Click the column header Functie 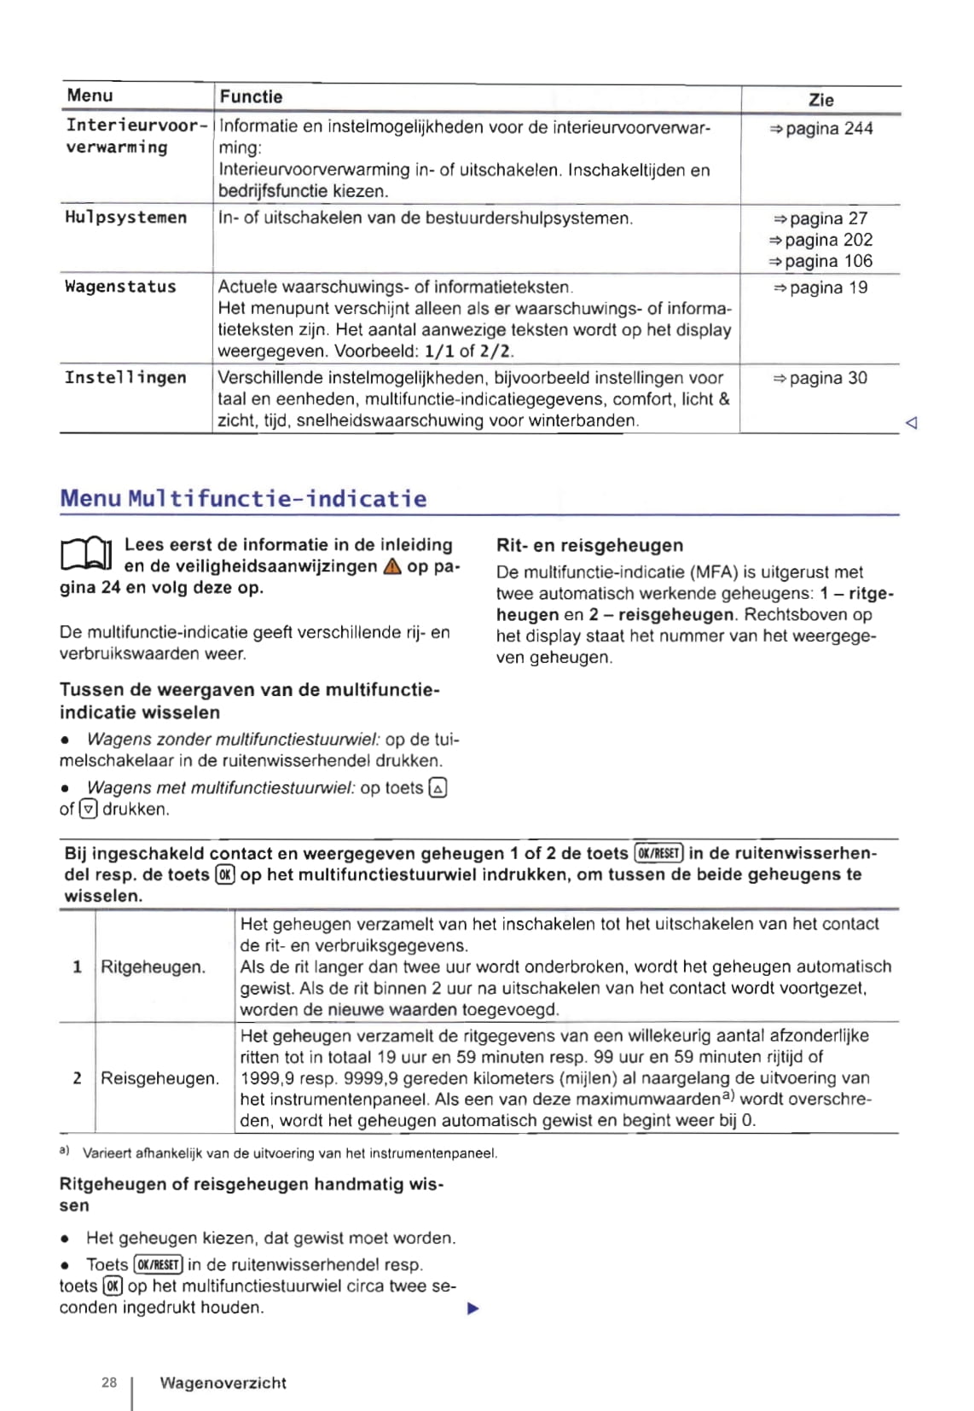click(251, 97)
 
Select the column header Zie click(820, 100)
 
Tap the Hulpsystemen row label click(126, 218)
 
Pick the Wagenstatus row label click(121, 287)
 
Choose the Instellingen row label click(125, 378)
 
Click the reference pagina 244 click(821, 129)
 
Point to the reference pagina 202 click(820, 241)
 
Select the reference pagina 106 click(820, 262)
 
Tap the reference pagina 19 click(820, 288)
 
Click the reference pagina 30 click(820, 379)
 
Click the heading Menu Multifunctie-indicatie click(243, 499)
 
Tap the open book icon click(86, 555)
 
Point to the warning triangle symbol click(391, 567)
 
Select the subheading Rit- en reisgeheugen click(589, 546)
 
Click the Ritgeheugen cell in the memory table click(154, 967)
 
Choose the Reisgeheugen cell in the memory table click(159, 1079)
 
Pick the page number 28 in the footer click(109, 1383)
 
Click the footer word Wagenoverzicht click(223, 1384)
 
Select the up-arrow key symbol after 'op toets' click(438, 789)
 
